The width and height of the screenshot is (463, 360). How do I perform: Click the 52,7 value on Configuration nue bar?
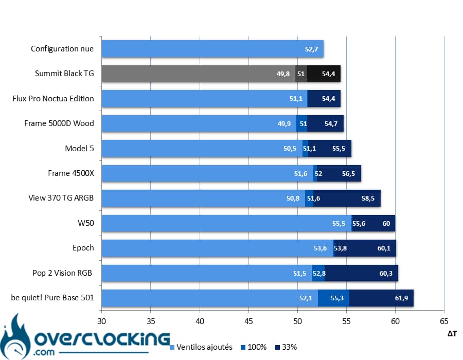tap(312, 49)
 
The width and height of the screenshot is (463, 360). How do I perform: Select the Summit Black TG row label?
tap(64, 74)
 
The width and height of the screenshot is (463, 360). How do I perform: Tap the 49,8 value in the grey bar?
tap(283, 74)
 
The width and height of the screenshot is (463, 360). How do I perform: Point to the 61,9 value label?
tap(401, 298)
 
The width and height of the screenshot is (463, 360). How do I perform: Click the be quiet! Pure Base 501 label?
tap(52, 298)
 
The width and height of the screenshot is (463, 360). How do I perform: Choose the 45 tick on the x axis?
tap(248, 321)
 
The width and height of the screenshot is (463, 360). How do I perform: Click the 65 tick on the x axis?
tap(444, 321)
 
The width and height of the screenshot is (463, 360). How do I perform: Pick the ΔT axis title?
tap(452, 334)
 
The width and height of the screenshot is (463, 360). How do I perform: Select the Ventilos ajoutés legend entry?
tap(201, 347)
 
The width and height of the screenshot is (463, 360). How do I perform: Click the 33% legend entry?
tap(286, 347)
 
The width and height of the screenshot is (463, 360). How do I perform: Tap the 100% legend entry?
tap(254, 347)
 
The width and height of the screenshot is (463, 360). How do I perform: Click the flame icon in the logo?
tap(15, 337)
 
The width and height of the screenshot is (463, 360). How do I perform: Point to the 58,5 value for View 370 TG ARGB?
tap(368, 199)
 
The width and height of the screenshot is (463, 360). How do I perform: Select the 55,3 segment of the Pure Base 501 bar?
tap(334, 298)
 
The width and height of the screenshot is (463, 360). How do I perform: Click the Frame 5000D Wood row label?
tap(59, 123)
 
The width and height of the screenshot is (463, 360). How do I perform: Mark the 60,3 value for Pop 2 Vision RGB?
tap(386, 273)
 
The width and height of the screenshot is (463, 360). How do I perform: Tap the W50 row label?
tap(86, 223)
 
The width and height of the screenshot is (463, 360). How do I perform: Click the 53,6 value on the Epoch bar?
tap(320, 248)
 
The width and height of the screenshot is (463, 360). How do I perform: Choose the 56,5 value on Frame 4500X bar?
tap(348, 173)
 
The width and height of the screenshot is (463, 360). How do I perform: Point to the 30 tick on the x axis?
tap(101, 321)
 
